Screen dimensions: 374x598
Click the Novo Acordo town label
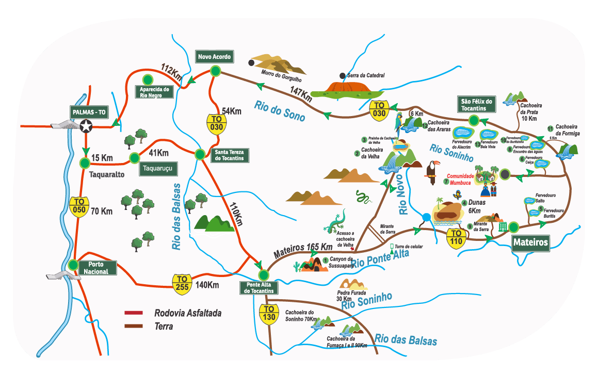pos(214,56)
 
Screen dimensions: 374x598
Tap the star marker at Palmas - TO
pos(86,126)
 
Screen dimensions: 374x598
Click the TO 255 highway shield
pos(182,283)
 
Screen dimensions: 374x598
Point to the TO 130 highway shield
pos(269,314)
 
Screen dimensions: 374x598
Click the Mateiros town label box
pos(530,242)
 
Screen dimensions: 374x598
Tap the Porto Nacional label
pos(98,268)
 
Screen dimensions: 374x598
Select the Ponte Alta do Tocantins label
pos(260,288)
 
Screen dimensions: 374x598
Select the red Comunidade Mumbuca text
pos(460,179)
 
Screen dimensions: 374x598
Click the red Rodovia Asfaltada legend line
pos(134,313)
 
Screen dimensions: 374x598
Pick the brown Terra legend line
pos(134,326)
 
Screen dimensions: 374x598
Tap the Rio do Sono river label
pos(279,111)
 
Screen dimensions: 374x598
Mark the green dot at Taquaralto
pos(85,163)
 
